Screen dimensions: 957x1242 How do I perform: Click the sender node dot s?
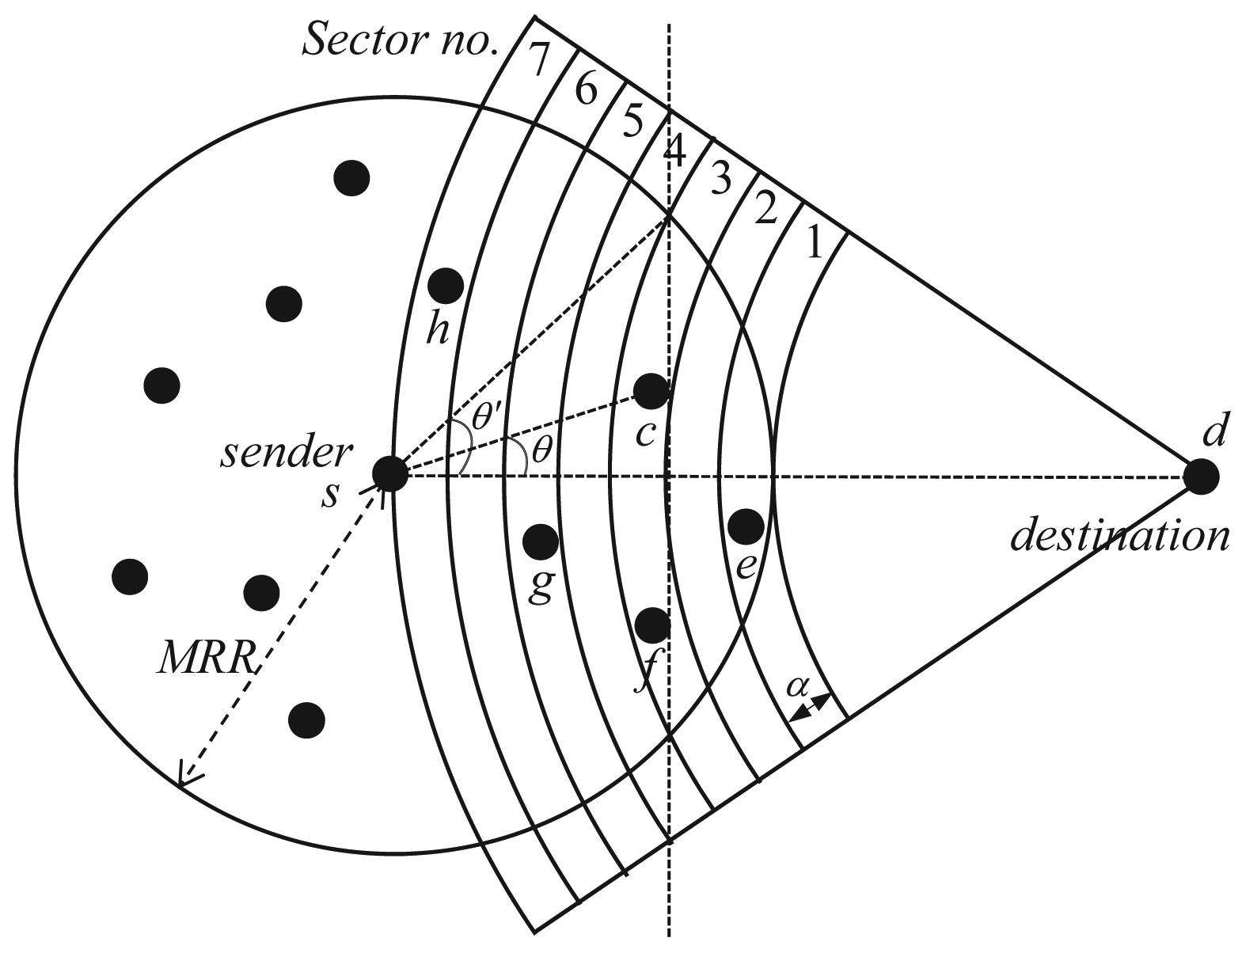pos(389,474)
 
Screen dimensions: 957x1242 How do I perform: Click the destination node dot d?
pos(1200,477)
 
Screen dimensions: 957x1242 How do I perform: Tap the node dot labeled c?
pos(651,390)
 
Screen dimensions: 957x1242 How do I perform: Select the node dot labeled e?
pos(746,526)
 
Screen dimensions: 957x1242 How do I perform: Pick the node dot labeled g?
pos(541,541)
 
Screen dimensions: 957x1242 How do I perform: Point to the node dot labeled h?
pos(446,285)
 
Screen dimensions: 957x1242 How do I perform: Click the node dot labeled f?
pos(652,625)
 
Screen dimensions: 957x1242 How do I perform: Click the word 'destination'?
pos(1119,537)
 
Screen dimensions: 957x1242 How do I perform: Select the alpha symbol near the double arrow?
pos(796,686)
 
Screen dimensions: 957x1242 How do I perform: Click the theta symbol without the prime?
pos(541,450)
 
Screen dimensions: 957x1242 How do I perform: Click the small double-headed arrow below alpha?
pos(811,706)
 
